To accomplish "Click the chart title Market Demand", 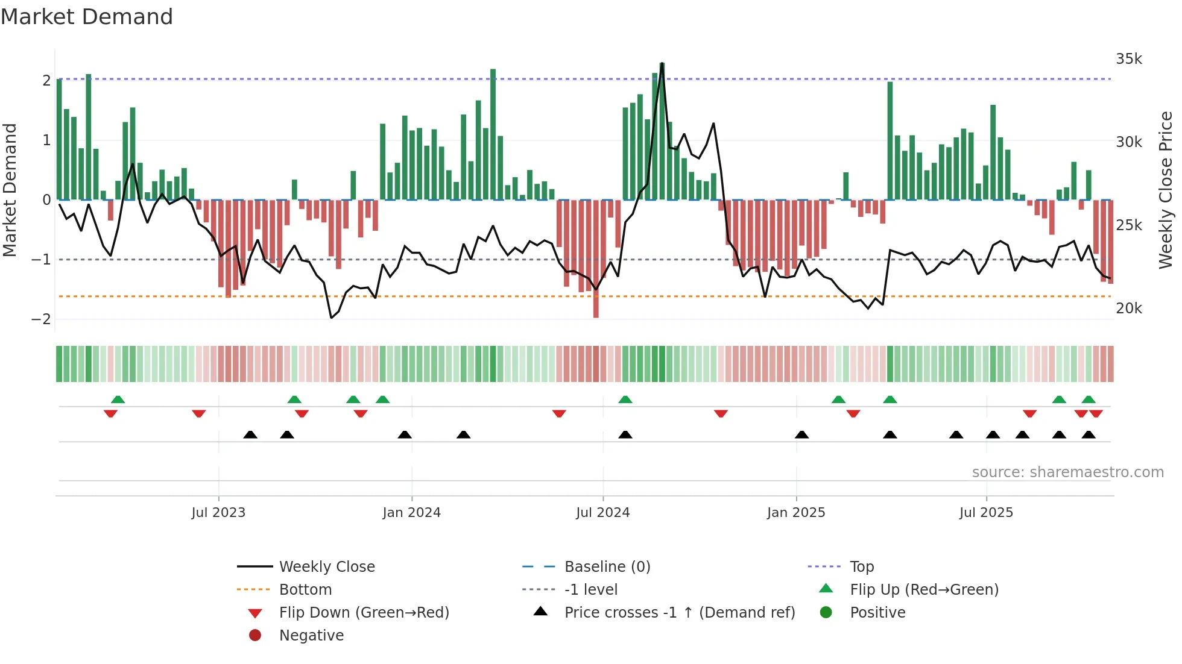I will point(87,17).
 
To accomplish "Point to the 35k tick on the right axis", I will point(1128,59).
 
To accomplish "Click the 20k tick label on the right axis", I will point(1128,309).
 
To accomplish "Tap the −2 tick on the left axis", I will point(42,319).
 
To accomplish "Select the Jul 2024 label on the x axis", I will point(602,513).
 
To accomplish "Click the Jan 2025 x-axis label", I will point(795,513).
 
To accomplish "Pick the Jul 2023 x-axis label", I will point(218,513).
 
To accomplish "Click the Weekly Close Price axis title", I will point(1166,190).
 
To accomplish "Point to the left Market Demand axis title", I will point(10,190).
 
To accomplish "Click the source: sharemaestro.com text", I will point(1067,472).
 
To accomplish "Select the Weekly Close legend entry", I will point(326,567).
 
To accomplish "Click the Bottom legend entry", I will point(305,590).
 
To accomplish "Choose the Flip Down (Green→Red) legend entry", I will point(364,613).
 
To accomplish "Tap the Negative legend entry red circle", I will point(255,636).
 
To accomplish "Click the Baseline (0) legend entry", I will point(607,567).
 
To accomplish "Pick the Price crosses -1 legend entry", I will point(679,613).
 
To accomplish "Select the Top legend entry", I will point(861,567).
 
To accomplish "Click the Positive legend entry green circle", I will point(826,613).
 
